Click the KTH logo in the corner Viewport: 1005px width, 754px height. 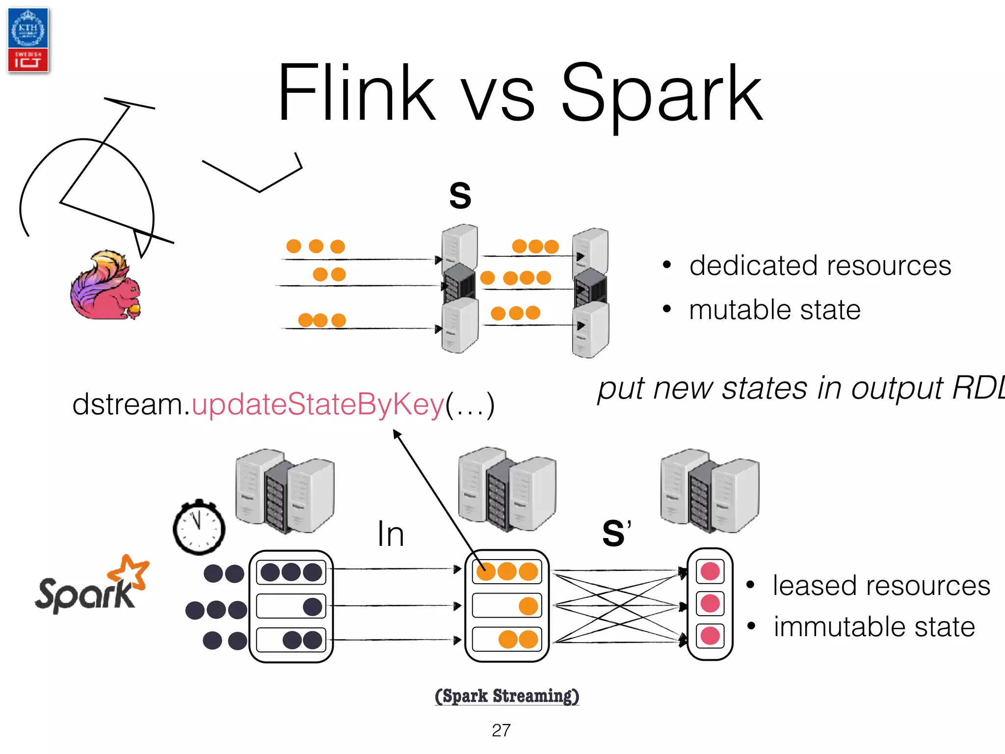(28, 40)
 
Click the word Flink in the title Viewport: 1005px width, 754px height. (356, 93)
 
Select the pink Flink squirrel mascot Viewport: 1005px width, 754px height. (106, 286)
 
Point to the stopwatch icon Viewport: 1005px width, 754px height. (199, 528)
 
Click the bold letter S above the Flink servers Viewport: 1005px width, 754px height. (460, 195)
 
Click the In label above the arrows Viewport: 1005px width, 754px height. (391, 534)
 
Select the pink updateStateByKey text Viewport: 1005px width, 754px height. (318, 404)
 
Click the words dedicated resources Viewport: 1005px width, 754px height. (820, 266)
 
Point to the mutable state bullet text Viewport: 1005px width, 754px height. (774, 310)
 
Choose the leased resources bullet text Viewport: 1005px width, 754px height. (881, 586)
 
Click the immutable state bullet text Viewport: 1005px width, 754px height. (874, 627)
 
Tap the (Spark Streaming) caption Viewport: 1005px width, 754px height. (507, 696)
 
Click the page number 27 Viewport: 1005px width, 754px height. (501, 730)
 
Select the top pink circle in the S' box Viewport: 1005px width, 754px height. (710, 571)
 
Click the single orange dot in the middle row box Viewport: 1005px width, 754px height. (528, 606)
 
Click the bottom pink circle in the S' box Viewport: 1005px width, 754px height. (710, 636)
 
